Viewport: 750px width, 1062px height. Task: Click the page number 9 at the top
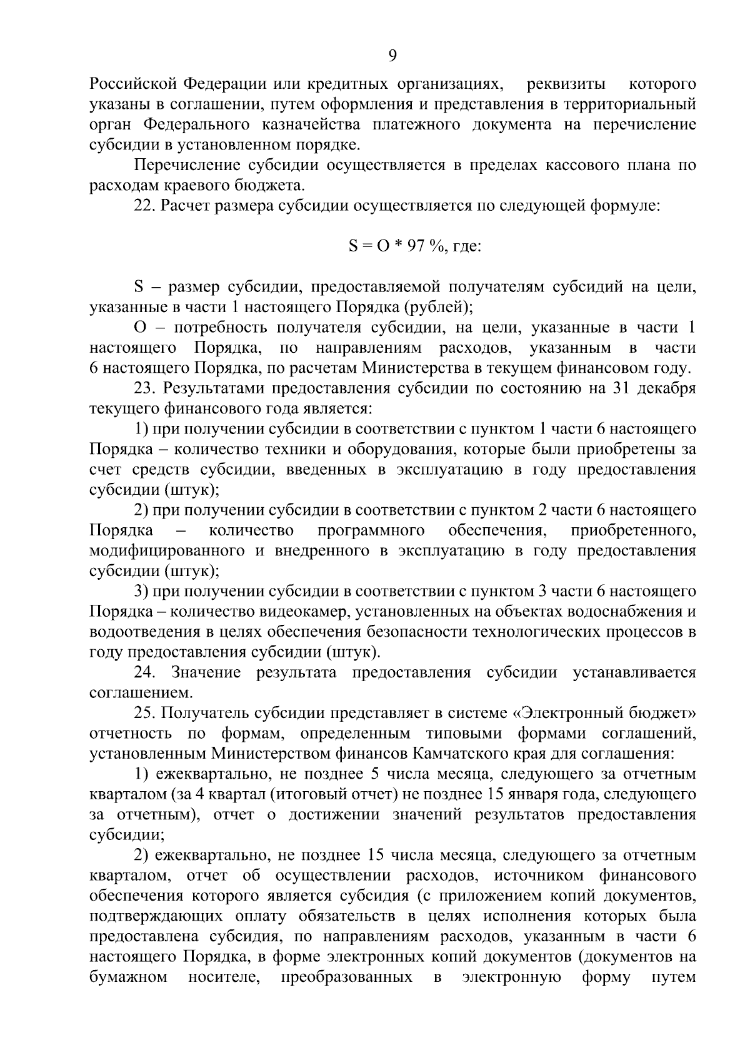coord(392,56)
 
